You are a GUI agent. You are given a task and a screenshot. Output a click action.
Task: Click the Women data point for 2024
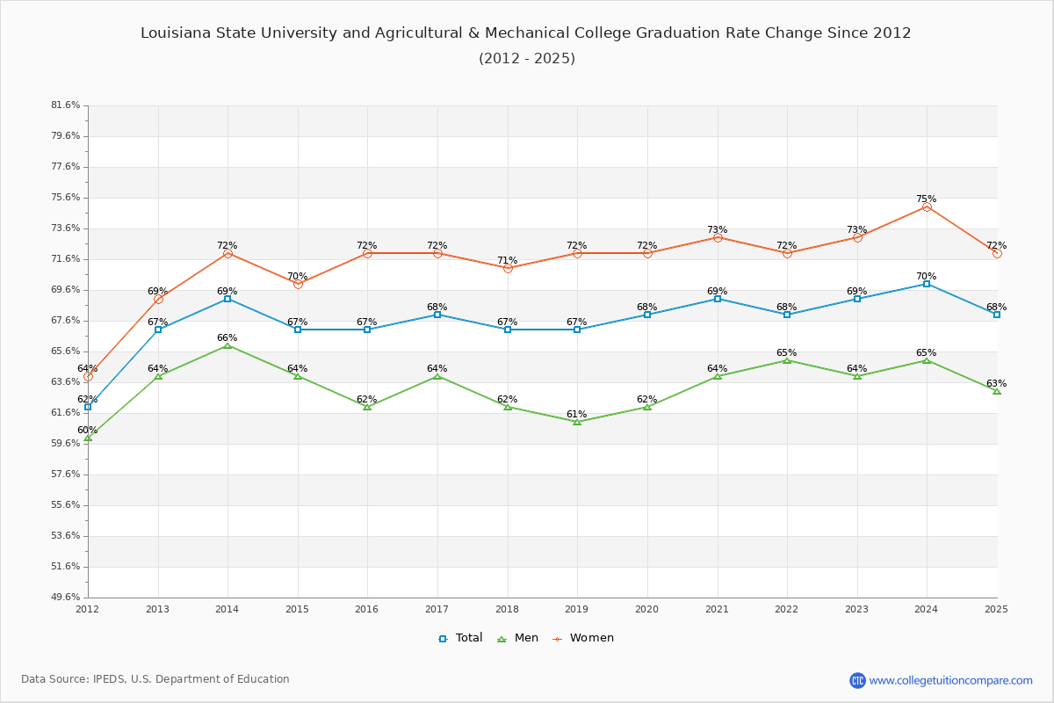coord(927,207)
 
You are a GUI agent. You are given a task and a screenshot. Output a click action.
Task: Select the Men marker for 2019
coord(577,422)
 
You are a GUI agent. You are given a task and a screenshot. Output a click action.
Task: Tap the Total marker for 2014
coord(227,299)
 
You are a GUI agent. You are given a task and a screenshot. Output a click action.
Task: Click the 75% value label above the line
coord(927,199)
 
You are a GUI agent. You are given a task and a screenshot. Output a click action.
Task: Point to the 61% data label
coord(577,415)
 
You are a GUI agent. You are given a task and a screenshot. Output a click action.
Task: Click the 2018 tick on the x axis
coord(508,608)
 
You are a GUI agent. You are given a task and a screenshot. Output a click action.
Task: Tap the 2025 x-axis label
coord(996,608)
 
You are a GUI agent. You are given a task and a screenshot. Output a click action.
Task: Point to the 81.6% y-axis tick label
coord(66,105)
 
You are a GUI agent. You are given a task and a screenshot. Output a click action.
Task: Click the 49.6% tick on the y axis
coord(66,598)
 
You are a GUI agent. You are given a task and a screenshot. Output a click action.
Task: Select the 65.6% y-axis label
coord(66,351)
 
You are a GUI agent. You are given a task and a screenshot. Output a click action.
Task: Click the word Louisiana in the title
coord(176,33)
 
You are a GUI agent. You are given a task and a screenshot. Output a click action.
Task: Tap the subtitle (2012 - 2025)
coord(527,59)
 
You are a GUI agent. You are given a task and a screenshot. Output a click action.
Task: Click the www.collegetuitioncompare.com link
coord(950,680)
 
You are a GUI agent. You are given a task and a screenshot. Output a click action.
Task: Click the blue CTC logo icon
coord(857,680)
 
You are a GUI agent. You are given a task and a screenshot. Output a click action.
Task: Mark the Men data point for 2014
coord(227,345)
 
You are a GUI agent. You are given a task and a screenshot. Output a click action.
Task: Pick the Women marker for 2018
coord(508,268)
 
